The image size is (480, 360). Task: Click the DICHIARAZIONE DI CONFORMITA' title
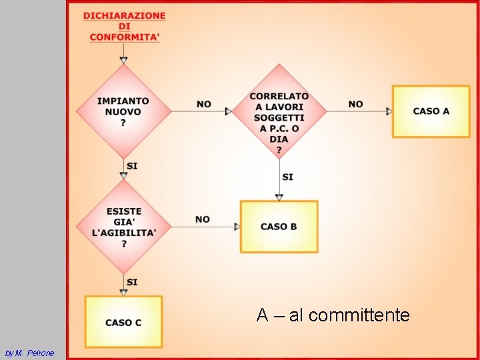(x=125, y=27)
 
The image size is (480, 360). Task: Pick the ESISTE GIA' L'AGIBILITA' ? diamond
(x=124, y=227)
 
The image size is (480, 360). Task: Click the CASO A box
(x=431, y=111)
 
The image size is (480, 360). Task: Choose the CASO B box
(x=279, y=227)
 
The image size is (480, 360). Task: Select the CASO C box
(x=124, y=322)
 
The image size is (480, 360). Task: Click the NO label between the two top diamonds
(x=204, y=104)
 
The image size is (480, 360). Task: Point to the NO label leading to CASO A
(x=356, y=104)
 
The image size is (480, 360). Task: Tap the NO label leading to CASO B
(x=203, y=219)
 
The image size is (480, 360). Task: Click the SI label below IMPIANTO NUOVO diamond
(x=132, y=165)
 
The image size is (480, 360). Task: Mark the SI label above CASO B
(x=288, y=177)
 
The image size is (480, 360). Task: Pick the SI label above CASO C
(x=132, y=282)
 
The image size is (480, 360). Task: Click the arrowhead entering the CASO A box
(x=389, y=111)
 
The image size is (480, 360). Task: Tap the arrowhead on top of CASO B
(x=279, y=197)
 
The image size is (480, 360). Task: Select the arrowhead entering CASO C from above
(x=124, y=292)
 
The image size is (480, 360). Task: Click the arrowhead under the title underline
(x=124, y=60)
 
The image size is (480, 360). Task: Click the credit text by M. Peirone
(x=29, y=353)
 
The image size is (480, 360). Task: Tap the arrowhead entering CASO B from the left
(x=237, y=227)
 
